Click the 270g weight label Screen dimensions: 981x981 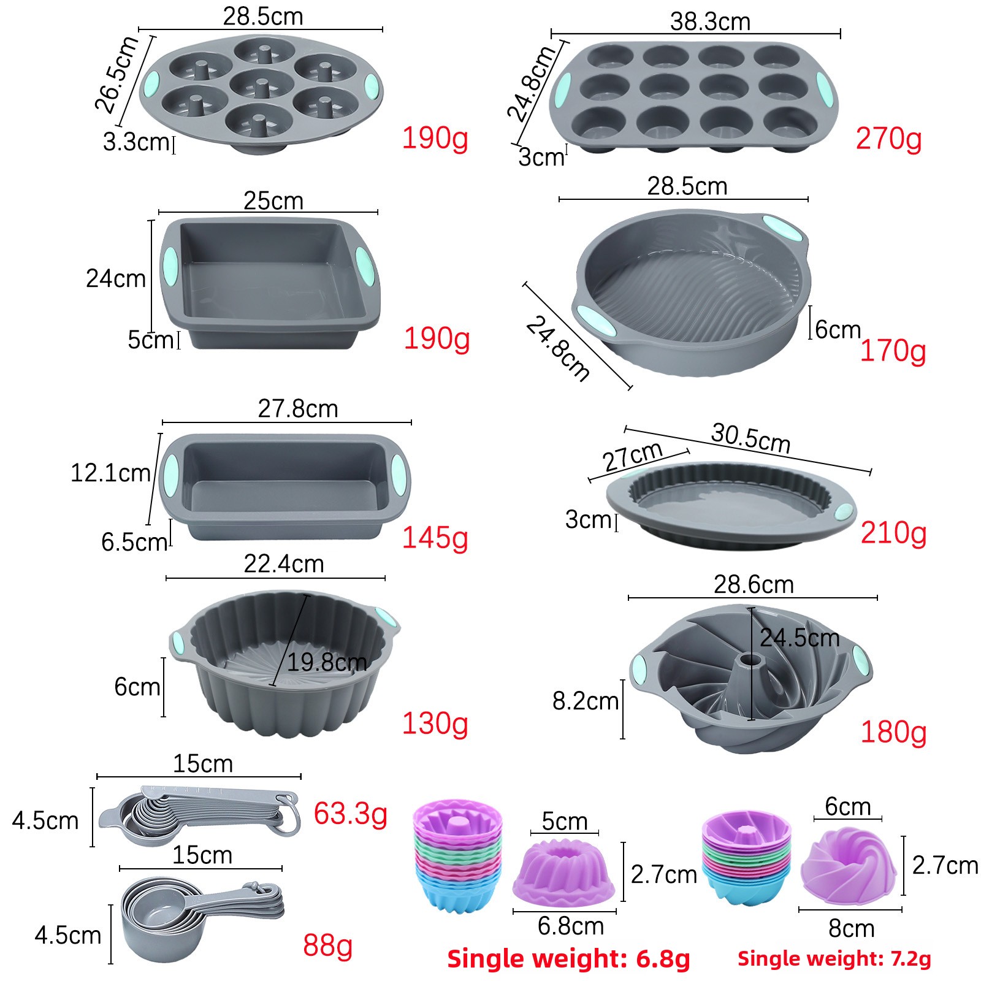click(x=888, y=140)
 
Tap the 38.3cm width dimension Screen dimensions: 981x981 click(x=710, y=22)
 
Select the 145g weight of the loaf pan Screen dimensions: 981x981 click(x=435, y=538)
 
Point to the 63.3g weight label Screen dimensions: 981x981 click(x=351, y=814)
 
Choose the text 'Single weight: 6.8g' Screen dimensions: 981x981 click(x=568, y=958)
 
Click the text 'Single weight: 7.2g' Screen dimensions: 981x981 click(x=834, y=958)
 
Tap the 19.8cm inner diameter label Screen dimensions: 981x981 click(x=327, y=662)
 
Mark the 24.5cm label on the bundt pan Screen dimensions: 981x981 click(x=800, y=638)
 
